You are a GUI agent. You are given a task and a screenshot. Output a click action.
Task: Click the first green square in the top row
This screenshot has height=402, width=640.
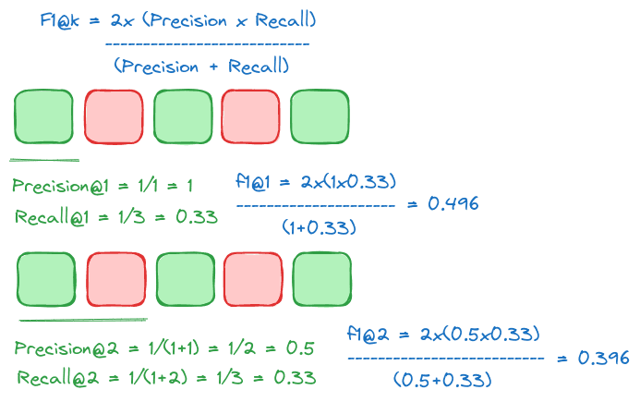click(43, 116)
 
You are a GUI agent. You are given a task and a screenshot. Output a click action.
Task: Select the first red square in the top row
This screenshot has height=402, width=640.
click(113, 116)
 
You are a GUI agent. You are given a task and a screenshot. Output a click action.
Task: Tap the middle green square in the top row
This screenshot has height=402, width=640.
click(182, 116)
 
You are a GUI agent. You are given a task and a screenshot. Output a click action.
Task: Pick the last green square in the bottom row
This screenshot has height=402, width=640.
click(322, 279)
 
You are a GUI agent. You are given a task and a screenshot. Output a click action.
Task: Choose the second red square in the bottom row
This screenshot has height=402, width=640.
click(254, 279)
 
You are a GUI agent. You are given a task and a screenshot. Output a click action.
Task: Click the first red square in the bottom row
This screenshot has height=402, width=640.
click(116, 279)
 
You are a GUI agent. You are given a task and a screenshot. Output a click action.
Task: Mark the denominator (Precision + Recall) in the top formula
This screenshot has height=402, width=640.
click(201, 66)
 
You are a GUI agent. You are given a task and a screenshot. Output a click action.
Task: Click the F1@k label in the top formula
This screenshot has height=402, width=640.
click(61, 19)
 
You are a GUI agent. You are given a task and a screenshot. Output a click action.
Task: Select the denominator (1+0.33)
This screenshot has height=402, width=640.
click(320, 225)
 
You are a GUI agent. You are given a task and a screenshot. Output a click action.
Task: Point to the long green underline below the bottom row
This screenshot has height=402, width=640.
click(82, 320)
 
